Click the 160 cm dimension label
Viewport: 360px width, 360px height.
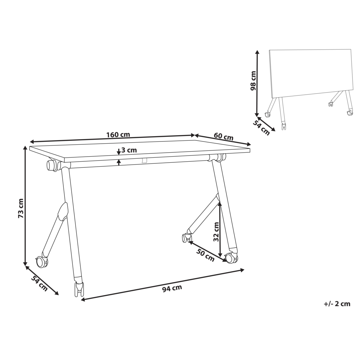click(118, 135)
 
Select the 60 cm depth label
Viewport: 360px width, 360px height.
click(223, 137)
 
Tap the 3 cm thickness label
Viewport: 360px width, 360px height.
click(129, 150)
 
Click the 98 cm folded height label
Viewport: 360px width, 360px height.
click(253, 81)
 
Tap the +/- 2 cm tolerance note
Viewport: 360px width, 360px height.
click(337, 303)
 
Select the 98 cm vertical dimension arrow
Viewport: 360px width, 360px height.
click(257, 83)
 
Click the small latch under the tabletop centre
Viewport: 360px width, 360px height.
click(144, 161)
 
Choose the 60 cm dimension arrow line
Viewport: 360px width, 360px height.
click(223, 140)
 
